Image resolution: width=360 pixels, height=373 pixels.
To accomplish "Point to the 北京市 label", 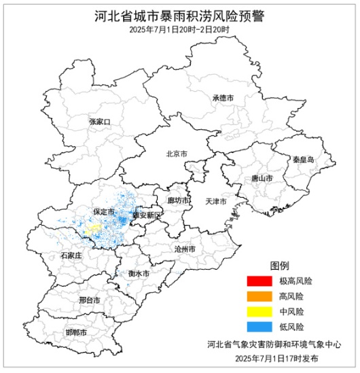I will tap(177, 154).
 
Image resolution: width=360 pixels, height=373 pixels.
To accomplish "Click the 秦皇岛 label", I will tap(304, 159).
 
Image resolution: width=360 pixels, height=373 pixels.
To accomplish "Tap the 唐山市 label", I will tap(262, 177).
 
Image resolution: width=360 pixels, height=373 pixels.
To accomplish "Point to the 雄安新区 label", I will tap(148, 215).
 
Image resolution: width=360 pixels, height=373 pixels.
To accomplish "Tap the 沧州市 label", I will tap(184, 249).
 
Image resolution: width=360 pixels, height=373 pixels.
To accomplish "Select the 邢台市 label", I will tap(89, 300).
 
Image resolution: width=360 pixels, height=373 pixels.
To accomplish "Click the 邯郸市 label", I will tap(76, 332).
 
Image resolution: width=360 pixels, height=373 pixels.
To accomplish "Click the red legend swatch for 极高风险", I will tap(259, 281).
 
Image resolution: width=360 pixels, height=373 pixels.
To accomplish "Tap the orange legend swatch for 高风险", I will tap(259, 296).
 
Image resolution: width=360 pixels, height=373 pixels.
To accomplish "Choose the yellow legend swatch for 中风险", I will tap(259, 311).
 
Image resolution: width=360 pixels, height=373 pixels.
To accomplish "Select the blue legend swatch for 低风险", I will tap(259, 327).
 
